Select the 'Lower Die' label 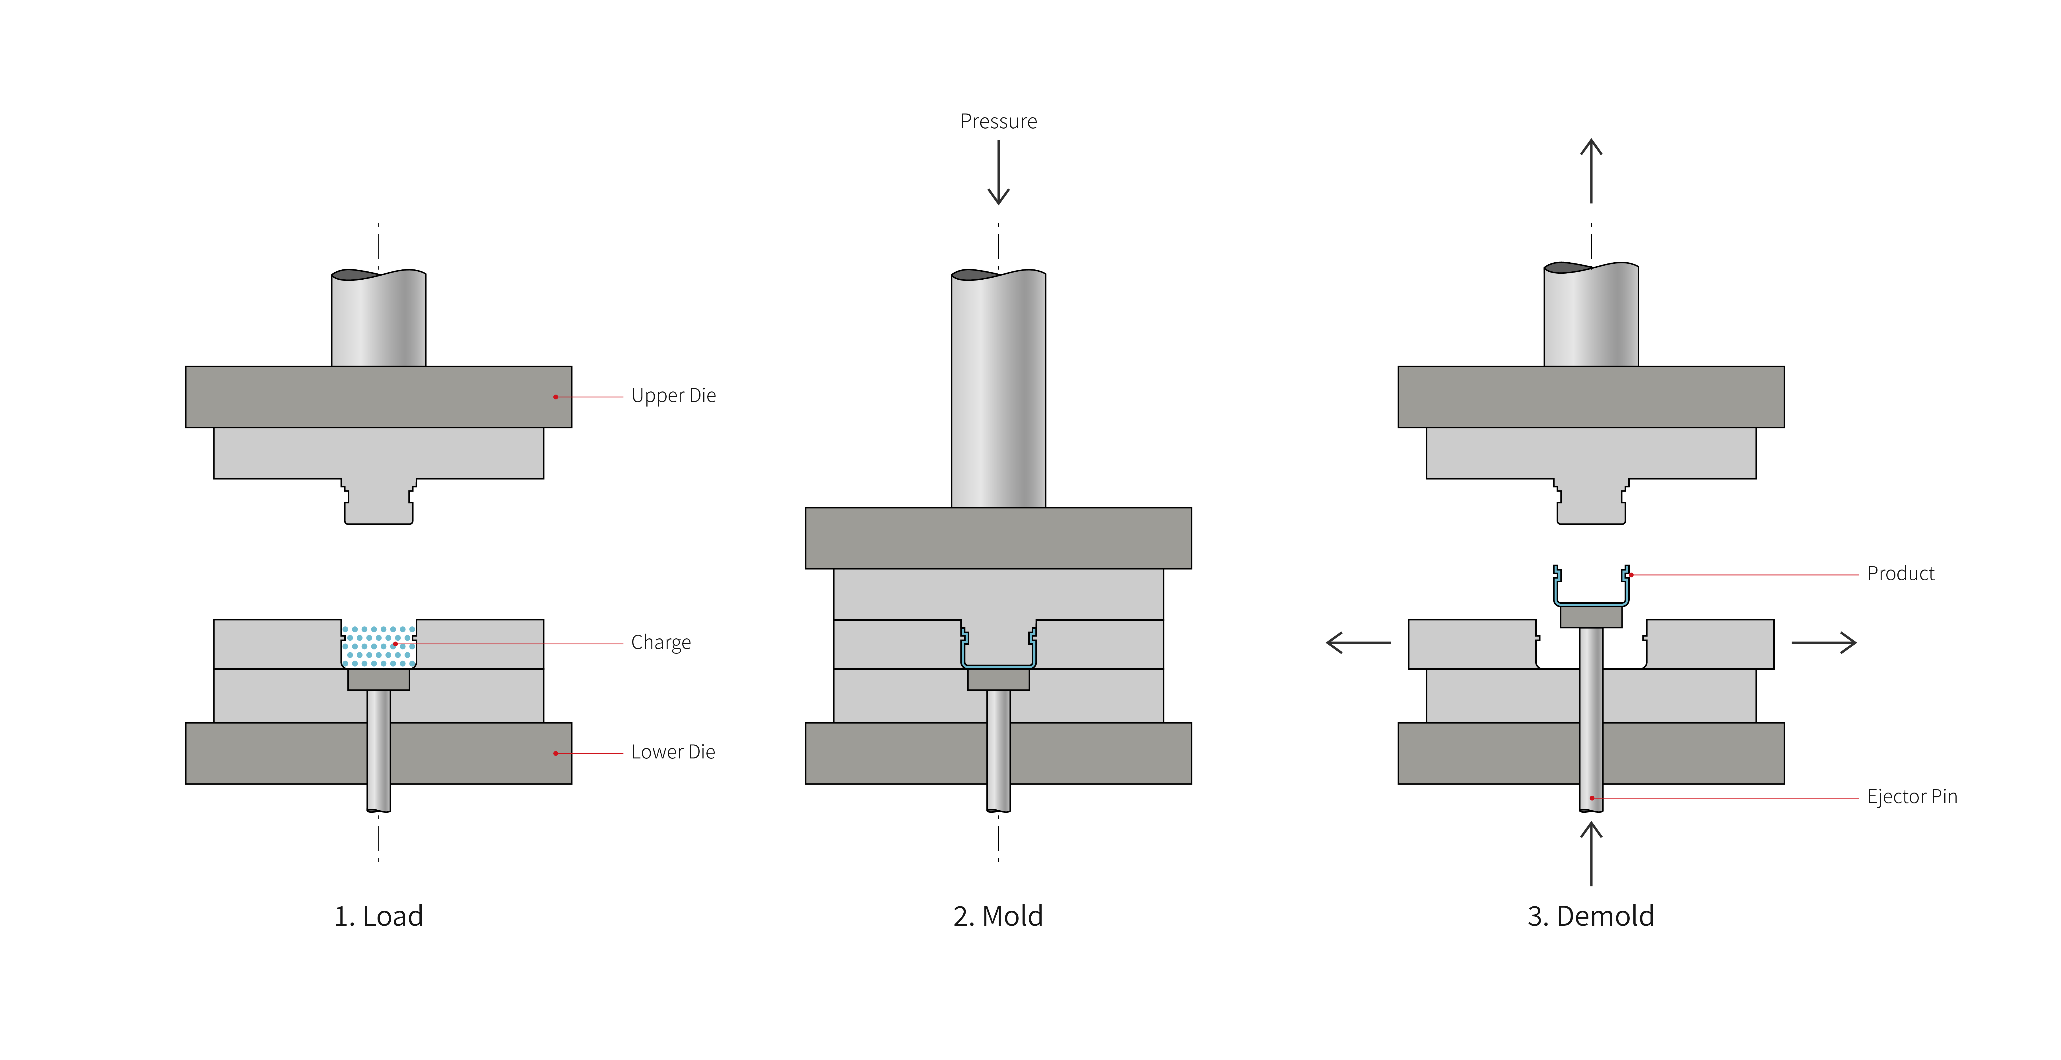pyautogui.click(x=673, y=752)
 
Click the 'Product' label pyautogui.click(x=1900, y=574)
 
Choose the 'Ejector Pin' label pyautogui.click(x=1911, y=797)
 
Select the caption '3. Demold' pyautogui.click(x=1590, y=916)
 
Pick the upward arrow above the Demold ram pyautogui.click(x=1591, y=170)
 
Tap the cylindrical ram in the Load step pyautogui.click(x=378, y=320)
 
